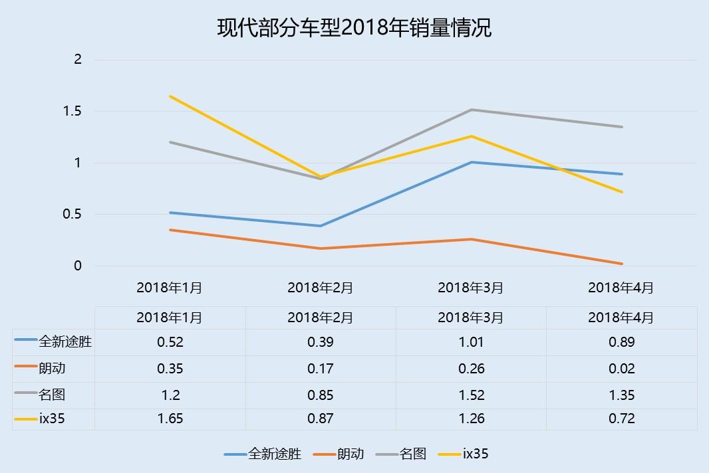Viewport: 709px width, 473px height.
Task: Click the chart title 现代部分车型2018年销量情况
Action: [x=354, y=28]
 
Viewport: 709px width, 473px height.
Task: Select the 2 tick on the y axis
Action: [x=77, y=59]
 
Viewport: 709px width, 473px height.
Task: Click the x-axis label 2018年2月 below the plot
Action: [x=321, y=288]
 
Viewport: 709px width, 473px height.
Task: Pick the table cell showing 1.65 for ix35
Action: [x=170, y=419]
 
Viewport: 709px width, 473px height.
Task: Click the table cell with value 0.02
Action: [x=621, y=369]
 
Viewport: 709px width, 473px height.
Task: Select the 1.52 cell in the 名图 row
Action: [x=471, y=395]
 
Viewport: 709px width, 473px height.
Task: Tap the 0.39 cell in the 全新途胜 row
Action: [x=321, y=342]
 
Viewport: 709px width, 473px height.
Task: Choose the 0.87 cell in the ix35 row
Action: [x=321, y=419]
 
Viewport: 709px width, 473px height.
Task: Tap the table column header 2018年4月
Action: [x=621, y=318]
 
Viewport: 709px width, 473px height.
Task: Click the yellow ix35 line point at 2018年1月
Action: [x=170, y=96]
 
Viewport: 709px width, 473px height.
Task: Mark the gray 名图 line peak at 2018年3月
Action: [x=472, y=110]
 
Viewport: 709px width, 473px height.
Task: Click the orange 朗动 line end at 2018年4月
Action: [x=622, y=264]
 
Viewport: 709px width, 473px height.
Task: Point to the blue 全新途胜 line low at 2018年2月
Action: [x=321, y=226]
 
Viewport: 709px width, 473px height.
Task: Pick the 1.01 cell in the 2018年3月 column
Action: [x=471, y=342]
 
